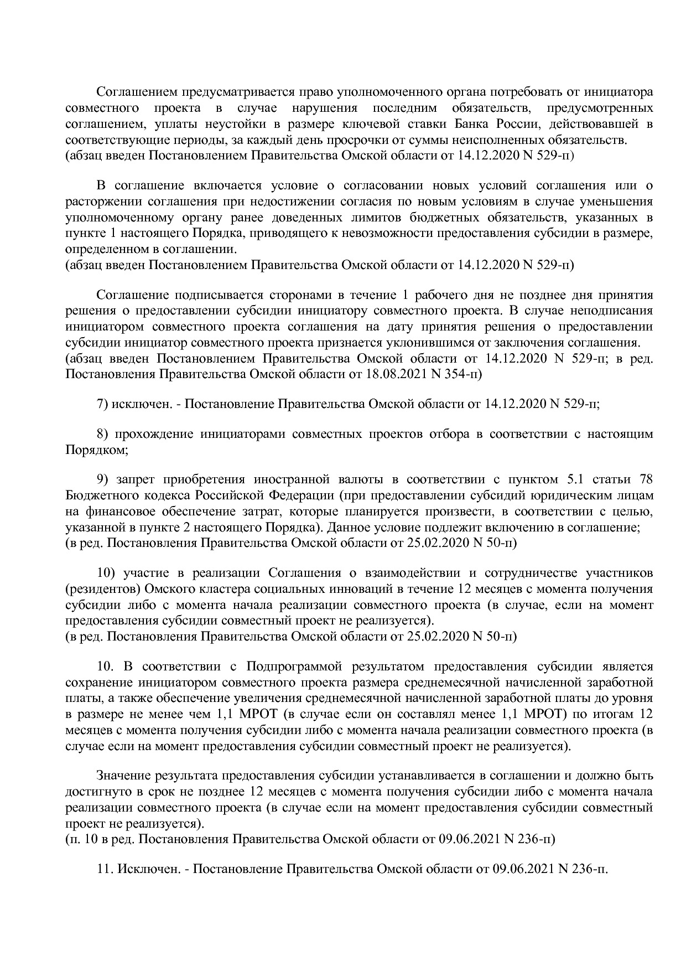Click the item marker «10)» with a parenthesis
coord(106,572)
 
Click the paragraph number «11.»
coord(105,869)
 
